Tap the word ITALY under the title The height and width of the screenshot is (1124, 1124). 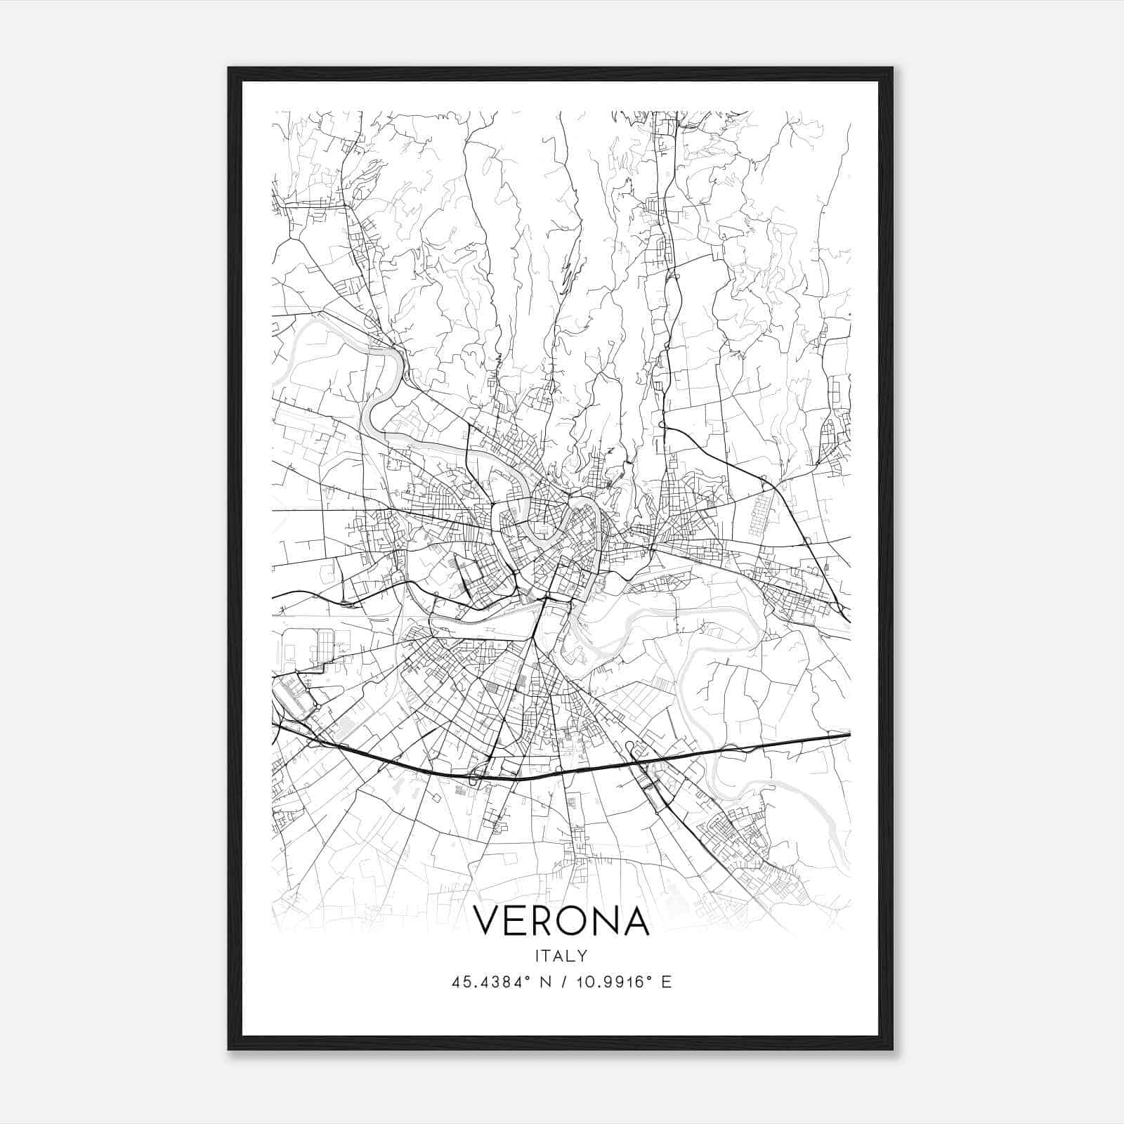(561, 956)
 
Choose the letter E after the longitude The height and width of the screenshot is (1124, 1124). (666, 981)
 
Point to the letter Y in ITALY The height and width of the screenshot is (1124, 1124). (583, 956)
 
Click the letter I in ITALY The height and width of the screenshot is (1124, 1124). (537, 956)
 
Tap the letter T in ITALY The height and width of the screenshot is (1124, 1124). (547, 956)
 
